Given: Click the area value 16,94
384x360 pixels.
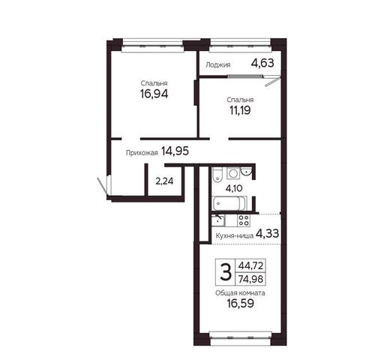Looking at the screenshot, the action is click(x=154, y=94).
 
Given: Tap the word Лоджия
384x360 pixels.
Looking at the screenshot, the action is click(x=218, y=65).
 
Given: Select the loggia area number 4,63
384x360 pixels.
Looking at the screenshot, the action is click(x=262, y=63).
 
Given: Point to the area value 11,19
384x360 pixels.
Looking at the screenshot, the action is click(x=240, y=110).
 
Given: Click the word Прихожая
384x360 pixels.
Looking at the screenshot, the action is click(x=142, y=153).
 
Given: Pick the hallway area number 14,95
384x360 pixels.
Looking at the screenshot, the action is click(x=175, y=151).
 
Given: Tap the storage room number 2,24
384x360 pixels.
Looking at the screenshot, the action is click(x=164, y=181).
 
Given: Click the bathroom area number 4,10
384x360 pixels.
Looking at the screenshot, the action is click(x=234, y=188).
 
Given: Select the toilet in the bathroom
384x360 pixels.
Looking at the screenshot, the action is click(x=217, y=174).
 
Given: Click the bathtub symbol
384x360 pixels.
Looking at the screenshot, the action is click(x=229, y=203).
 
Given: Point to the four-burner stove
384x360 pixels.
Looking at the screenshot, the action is click(x=244, y=220).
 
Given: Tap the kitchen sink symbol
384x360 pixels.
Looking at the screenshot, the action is click(x=217, y=220).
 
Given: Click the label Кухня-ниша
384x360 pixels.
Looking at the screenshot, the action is click(x=235, y=235).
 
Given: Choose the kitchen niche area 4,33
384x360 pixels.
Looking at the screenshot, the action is click(x=267, y=234).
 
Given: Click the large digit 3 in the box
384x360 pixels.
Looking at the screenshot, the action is click(x=226, y=272).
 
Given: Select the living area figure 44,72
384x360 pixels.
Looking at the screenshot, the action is click(x=250, y=265).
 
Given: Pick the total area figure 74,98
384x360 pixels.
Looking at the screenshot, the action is click(x=250, y=279).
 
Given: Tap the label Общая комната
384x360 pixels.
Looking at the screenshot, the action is click(x=240, y=293).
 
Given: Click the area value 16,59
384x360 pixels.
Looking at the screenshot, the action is click(x=240, y=304).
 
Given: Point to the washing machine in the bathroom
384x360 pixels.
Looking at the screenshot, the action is click(x=233, y=173).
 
